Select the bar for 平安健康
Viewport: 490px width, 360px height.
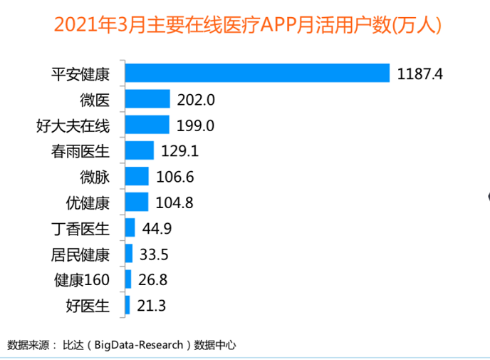pyautogui.click(x=257, y=73)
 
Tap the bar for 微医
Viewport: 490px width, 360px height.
pyautogui.click(x=147, y=99)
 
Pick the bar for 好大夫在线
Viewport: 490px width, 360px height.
pyautogui.click(x=147, y=125)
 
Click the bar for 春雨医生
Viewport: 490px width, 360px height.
pyautogui.click(x=139, y=150)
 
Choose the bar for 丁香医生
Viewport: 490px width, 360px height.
pyautogui.click(x=130, y=228)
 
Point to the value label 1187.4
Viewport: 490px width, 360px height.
pyautogui.click(x=420, y=73)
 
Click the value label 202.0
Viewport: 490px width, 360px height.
pyautogui.click(x=196, y=100)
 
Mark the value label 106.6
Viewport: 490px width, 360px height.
pyautogui.click(x=174, y=177)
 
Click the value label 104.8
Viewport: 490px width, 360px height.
pyautogui.click(x=174, y=202)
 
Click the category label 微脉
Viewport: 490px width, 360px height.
pyautogui.click(x=95, y=177)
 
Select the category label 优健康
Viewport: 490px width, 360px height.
pyautogui.click(x=88, y=202)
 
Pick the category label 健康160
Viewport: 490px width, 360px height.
pyautogui.click(x=82, y=280)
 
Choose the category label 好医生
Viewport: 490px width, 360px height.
pyautogui.click(x=88, y=306)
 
